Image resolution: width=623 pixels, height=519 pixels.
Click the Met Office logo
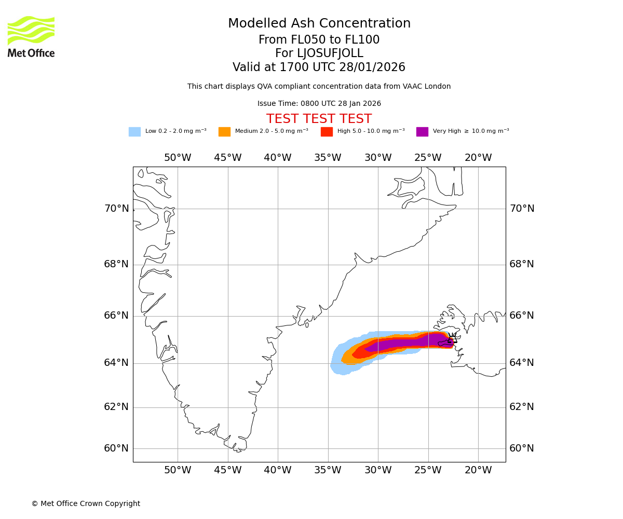(31, 36)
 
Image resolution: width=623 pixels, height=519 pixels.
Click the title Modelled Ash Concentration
(319, 24)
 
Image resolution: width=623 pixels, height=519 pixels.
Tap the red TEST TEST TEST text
(319, 119)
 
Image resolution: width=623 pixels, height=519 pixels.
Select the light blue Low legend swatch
(134, 132)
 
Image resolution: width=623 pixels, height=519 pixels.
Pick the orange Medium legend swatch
(224, 132)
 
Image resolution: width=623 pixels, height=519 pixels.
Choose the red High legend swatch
(327, 132)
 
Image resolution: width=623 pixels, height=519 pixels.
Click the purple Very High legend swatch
(422, 132)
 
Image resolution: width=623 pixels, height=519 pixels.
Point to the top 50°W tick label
(178, 158)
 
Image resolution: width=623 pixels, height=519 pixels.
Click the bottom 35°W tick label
(328, 470)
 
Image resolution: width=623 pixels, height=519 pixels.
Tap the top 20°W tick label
(478, 158)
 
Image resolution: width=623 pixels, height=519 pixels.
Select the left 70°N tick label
(116, 209)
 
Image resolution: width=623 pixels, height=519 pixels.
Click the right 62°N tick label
(522, 407)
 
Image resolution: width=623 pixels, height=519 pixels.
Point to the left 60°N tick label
(116, 448)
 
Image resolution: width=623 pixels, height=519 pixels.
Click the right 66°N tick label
(522, 316)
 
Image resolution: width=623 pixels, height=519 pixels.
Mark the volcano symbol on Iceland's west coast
(452, 339)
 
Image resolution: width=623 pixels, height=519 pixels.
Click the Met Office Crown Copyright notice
(86, 504)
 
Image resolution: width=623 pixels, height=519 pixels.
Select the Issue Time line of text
(319, 104)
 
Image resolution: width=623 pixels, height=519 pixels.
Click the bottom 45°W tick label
(227, 470)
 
